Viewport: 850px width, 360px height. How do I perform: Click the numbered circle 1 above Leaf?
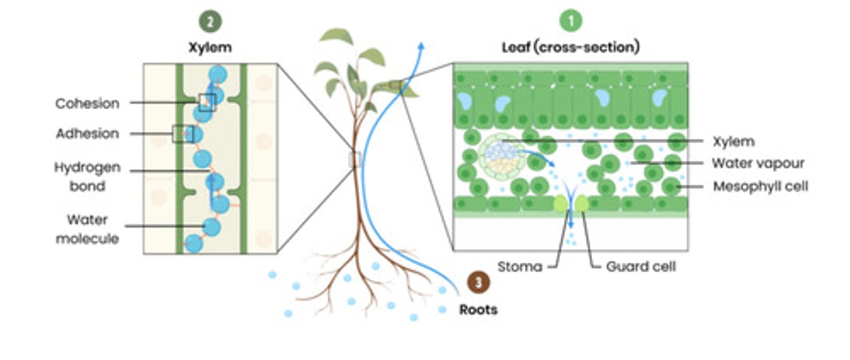click(571, 21)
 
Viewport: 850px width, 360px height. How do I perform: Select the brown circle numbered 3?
click(478, 282)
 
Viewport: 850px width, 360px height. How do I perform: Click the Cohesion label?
click(87, 103)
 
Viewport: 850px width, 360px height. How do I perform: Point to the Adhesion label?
click(87, 133)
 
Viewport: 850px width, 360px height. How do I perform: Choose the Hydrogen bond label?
click(87, 176)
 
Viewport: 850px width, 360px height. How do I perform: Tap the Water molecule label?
click(87, 229)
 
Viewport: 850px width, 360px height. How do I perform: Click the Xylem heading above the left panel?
click(210, 48)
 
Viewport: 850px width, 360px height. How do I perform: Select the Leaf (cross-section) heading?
click(570, 48)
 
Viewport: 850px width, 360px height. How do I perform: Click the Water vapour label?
click(758, 163)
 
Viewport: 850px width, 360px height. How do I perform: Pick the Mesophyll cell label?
click(760, 186)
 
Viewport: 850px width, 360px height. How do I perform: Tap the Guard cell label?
click(640, 267)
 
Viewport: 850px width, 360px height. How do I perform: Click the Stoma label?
click(519, 267)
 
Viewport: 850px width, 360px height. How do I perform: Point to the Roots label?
click(478, 309)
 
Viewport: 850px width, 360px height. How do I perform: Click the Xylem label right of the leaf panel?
click(733, 141)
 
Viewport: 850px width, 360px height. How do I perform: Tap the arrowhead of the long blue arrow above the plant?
click(421, 47)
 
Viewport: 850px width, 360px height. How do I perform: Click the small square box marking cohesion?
click(207, 103)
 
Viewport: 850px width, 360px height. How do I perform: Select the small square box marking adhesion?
click(182, 134)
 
